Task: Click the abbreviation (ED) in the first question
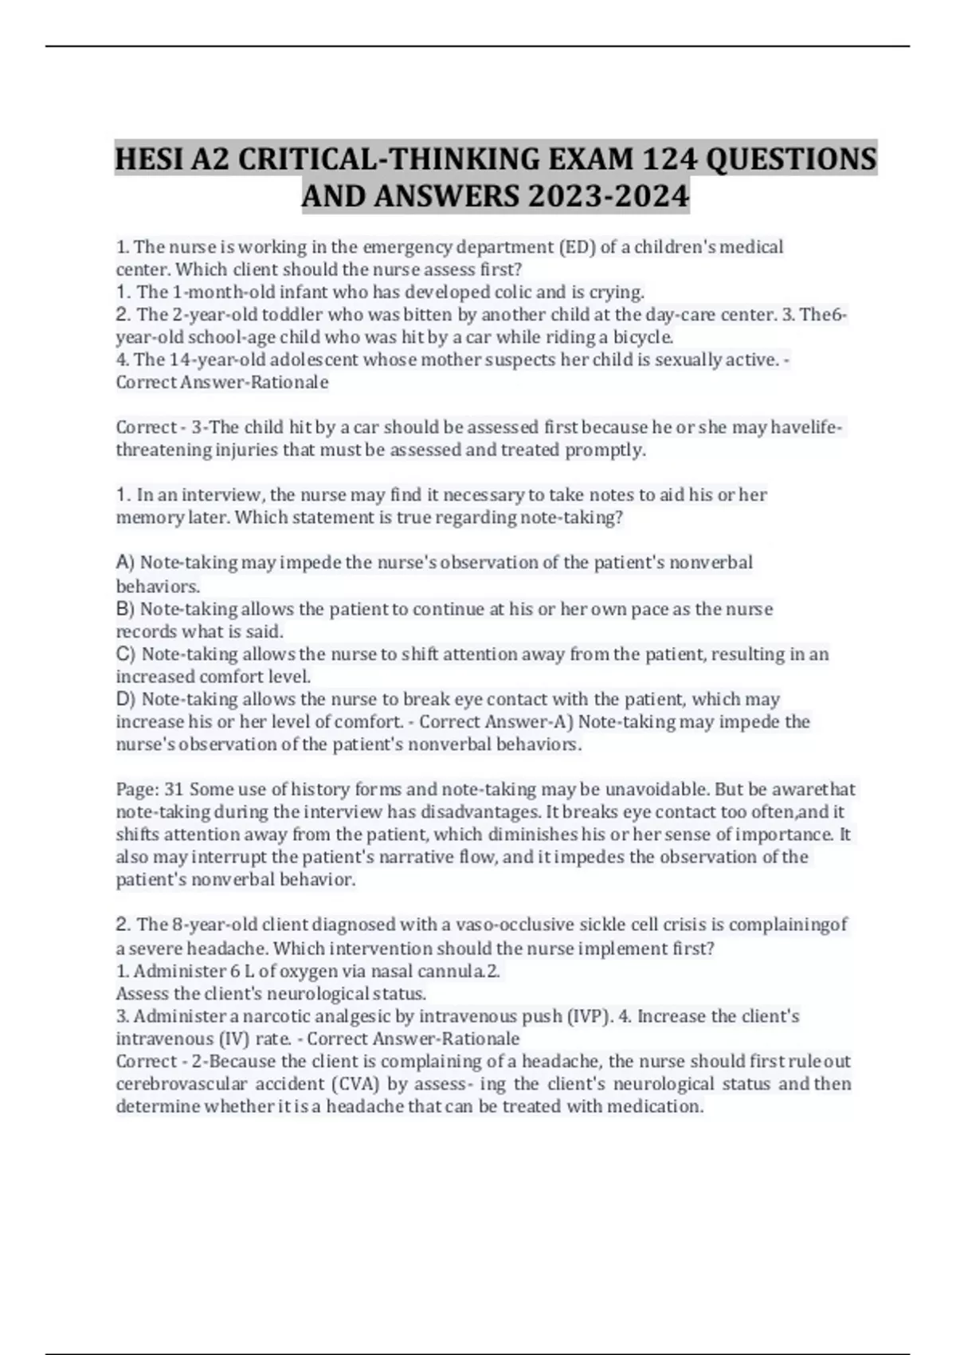[x=578, y=247]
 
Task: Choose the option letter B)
[x=126, y=609]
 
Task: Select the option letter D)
[x=126, y=700]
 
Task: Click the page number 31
[x=174, y=790]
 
